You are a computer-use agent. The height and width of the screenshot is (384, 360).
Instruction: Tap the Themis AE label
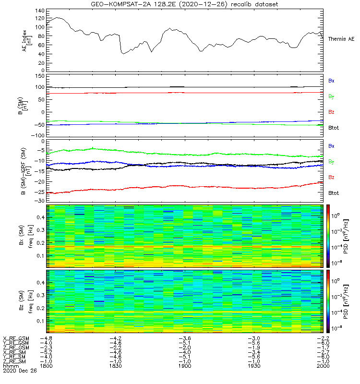click(341, 38)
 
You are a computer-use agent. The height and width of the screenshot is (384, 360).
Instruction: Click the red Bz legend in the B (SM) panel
click(331, 112)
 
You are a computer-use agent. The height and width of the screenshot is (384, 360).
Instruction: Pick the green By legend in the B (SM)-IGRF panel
click(331, 161)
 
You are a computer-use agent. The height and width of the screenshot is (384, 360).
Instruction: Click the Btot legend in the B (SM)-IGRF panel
click(333, 193)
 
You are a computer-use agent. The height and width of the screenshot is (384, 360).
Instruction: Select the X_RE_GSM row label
click(16, 338)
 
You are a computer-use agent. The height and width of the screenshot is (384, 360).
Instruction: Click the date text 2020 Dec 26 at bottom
click(16, 371)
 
